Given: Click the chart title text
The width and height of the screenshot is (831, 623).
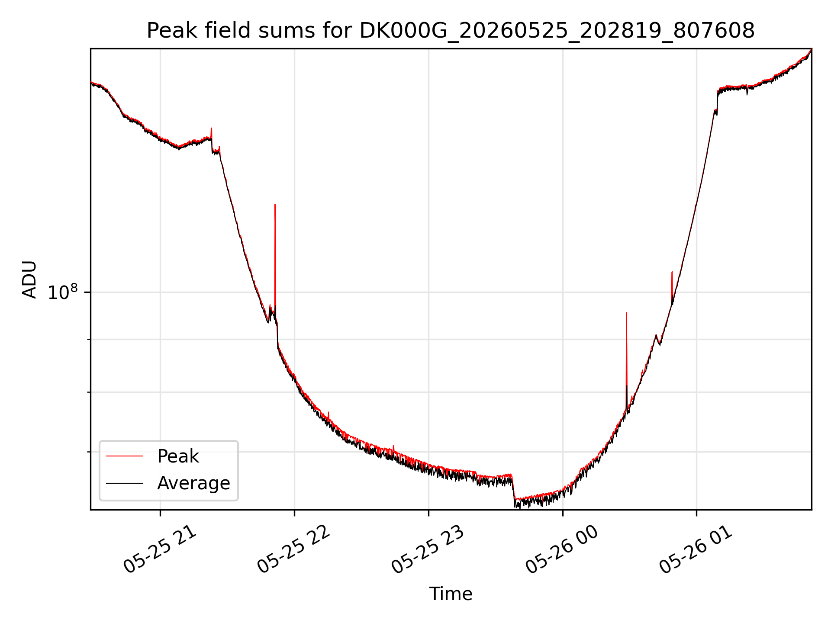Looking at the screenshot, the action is [x=451, y=31].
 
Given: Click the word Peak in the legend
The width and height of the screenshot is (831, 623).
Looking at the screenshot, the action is [x=178, y=456].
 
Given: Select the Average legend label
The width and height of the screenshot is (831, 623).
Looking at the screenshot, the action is [x=193, y=483].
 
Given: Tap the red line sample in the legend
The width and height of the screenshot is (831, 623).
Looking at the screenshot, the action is [x=125, y=456].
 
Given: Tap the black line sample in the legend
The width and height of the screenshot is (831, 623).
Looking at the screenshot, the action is [x=125, y=483].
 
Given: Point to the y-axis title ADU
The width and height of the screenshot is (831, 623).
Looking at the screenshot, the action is [x=29, y=279].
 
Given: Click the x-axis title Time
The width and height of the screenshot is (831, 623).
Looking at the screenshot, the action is [x=451, y=594].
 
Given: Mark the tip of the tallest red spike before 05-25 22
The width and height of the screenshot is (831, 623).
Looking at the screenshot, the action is [x=275, y=204].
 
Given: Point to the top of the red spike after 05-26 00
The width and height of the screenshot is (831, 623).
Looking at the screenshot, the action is [x=626, y=313].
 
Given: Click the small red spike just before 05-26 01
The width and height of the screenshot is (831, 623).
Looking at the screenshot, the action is [x=672, y=272].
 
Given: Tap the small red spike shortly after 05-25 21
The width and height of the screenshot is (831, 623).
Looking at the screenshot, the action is [x=211, y=128].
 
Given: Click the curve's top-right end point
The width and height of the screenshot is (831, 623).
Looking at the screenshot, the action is [x=811, y=49].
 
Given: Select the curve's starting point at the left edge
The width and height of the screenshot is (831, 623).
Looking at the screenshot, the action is [x=91, y=82].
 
